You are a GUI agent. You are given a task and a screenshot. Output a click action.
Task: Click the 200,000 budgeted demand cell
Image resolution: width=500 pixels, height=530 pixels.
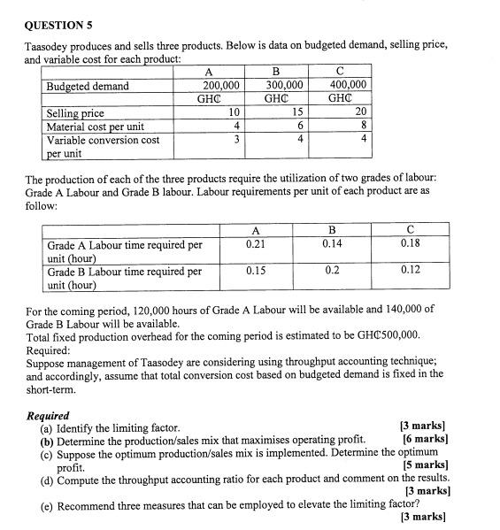tap(219, 86)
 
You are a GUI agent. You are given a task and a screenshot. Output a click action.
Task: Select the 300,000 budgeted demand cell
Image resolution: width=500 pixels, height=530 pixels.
tap(284, 86)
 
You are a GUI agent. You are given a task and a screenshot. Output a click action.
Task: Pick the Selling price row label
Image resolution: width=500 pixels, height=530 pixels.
tap(75, 113)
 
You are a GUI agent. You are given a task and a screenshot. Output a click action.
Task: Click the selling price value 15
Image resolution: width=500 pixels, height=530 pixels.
tap(297, 113)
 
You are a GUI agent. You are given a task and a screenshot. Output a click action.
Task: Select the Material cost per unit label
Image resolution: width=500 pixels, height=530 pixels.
tap(95, 127)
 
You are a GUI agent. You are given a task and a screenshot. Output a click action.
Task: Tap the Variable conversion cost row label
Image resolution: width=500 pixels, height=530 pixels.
tap(103, 140)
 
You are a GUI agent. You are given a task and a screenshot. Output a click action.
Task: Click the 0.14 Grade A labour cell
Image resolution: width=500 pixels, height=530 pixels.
tap(333, 243)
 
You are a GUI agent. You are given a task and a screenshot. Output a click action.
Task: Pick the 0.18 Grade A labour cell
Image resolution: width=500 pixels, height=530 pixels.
tap(410, 243)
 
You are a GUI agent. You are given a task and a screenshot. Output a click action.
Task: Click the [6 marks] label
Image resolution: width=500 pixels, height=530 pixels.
tap(424, 439)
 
